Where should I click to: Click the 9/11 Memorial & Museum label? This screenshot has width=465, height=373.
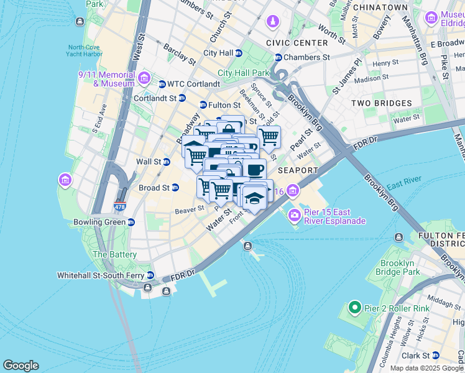coord(106,79)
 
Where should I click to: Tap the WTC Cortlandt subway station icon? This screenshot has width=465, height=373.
coord(162,84)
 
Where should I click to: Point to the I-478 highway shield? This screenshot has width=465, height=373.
coord(119,205)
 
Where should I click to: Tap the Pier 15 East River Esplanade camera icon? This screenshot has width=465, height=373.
coord(294,216)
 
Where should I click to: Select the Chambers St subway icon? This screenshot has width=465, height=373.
coord(279,57)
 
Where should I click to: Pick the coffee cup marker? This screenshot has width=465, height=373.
coord(255,170)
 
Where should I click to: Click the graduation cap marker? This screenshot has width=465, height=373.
coord(255,198)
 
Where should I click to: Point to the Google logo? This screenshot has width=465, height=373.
coord(21,366)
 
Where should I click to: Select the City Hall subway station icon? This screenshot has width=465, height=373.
coord(239,53)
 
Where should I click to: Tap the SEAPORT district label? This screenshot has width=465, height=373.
coord(298,170)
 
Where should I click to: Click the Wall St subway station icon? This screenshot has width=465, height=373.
coord(167,162)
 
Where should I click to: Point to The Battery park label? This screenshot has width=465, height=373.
coord(115,254)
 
